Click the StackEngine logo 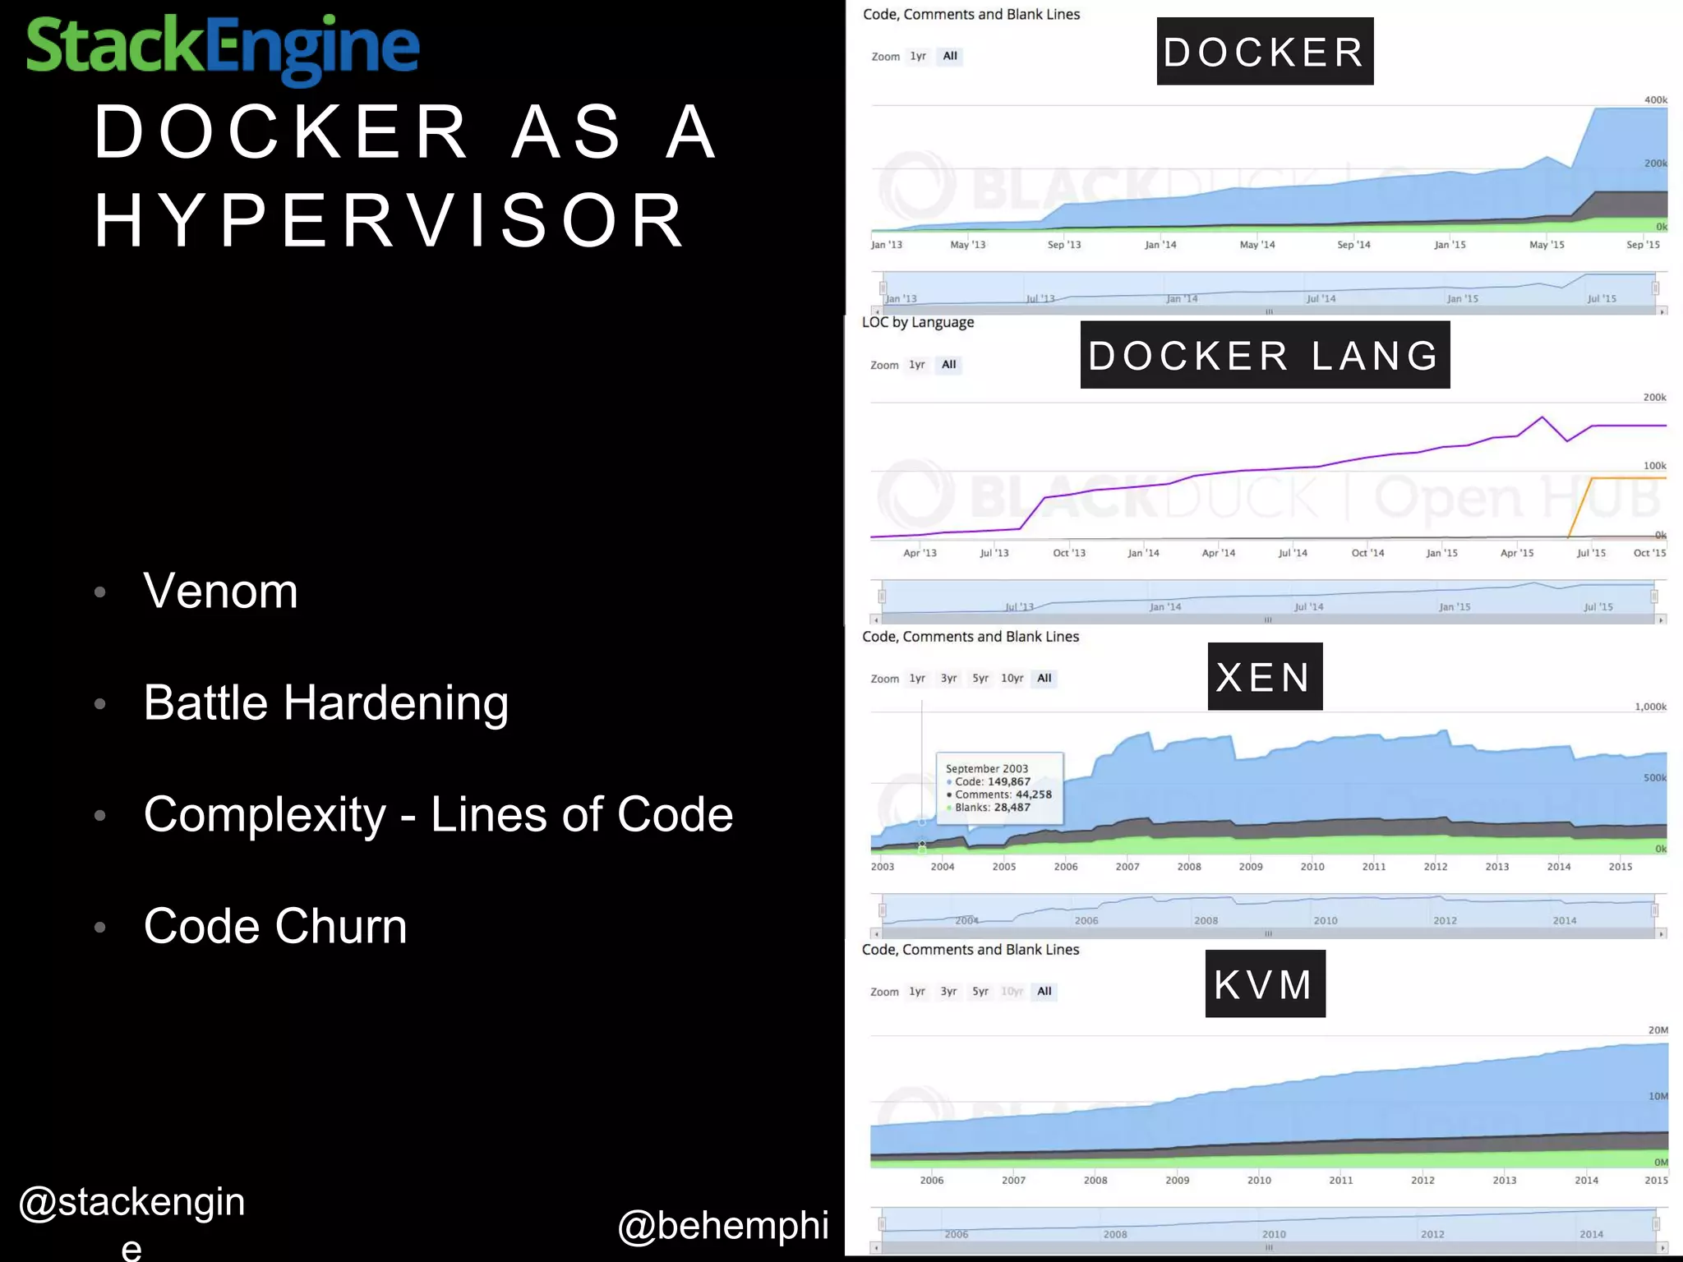pyautogui.click(x=223, y=48)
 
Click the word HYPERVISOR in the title pyautogui.click(x=390, y=220)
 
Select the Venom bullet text pyautogui.click(x=220, y=591)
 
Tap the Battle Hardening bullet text pyautogui.click(x=325, y=702)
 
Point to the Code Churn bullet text pyautogui.click(x=275, y=926)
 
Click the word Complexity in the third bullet pyautogui.click(x=265, y=814)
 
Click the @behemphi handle pyautogui.click(x=723, y=1225)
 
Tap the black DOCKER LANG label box pyautogui.click(x=1264, y=355)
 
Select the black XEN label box pyautogui.click(x=1264, y=676)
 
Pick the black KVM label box pyautogui.click(x=1264, y=983)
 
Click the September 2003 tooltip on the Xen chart pyautogui.click(x=999, y=788)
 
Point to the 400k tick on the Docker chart pyautogui.click(x=1655, y=100)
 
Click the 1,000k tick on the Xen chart pyautogui.click(x=1650, y=707)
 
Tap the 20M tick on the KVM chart pyautogui.click(x=1658, y=1029)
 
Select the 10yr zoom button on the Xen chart pyautogui.click(x=1012, y=679)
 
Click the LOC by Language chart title pyautogui.click(x=917, y=322)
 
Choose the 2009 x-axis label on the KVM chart pyautogui.click(x=1177, y=1181)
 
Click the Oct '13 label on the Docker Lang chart pyautogui.click(x=1068, y=553)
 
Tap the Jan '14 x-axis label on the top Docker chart pyautogui.click(x=1160, y=245)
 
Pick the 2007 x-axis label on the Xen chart pyautogui.click(x=1127, y=867)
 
